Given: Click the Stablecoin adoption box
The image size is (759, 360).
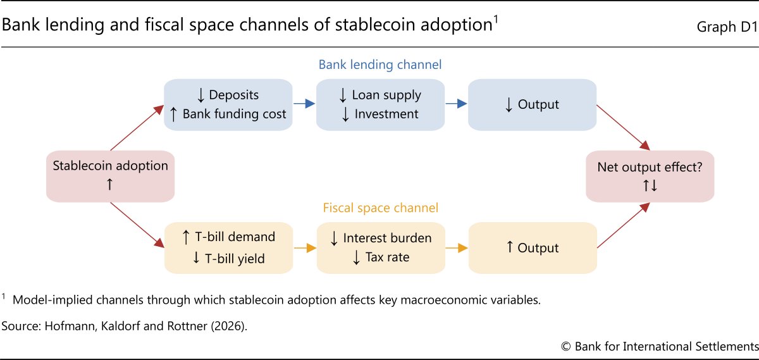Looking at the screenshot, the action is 111,177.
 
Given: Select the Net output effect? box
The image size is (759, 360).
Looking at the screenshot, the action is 650,177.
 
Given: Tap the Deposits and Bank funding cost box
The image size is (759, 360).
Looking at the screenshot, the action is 228,105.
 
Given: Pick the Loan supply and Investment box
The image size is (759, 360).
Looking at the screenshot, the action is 380,105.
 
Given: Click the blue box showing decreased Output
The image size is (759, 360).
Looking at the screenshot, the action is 533,105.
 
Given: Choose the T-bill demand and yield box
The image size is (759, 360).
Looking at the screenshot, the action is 228,248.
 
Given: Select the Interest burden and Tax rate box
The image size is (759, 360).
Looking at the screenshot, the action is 381,248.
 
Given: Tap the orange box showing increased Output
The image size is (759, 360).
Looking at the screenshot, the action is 533,248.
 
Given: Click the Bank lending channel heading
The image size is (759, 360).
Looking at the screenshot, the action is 380,65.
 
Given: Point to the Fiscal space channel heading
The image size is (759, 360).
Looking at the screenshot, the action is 381,208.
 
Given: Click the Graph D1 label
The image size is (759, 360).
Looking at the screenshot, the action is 727,27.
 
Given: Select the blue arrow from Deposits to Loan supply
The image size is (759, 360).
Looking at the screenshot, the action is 304,103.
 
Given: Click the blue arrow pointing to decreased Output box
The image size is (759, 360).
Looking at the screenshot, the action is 457,103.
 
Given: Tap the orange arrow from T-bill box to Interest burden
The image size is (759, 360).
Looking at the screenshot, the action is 305,248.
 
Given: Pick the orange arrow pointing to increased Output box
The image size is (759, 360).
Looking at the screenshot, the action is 457,248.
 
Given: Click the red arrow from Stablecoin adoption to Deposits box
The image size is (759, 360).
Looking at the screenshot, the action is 137,128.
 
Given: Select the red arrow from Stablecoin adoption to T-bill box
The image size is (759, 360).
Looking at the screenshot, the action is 137,225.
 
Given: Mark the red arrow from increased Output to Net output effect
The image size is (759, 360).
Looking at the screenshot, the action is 624,225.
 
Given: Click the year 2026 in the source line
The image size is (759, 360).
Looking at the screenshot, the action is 229,326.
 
